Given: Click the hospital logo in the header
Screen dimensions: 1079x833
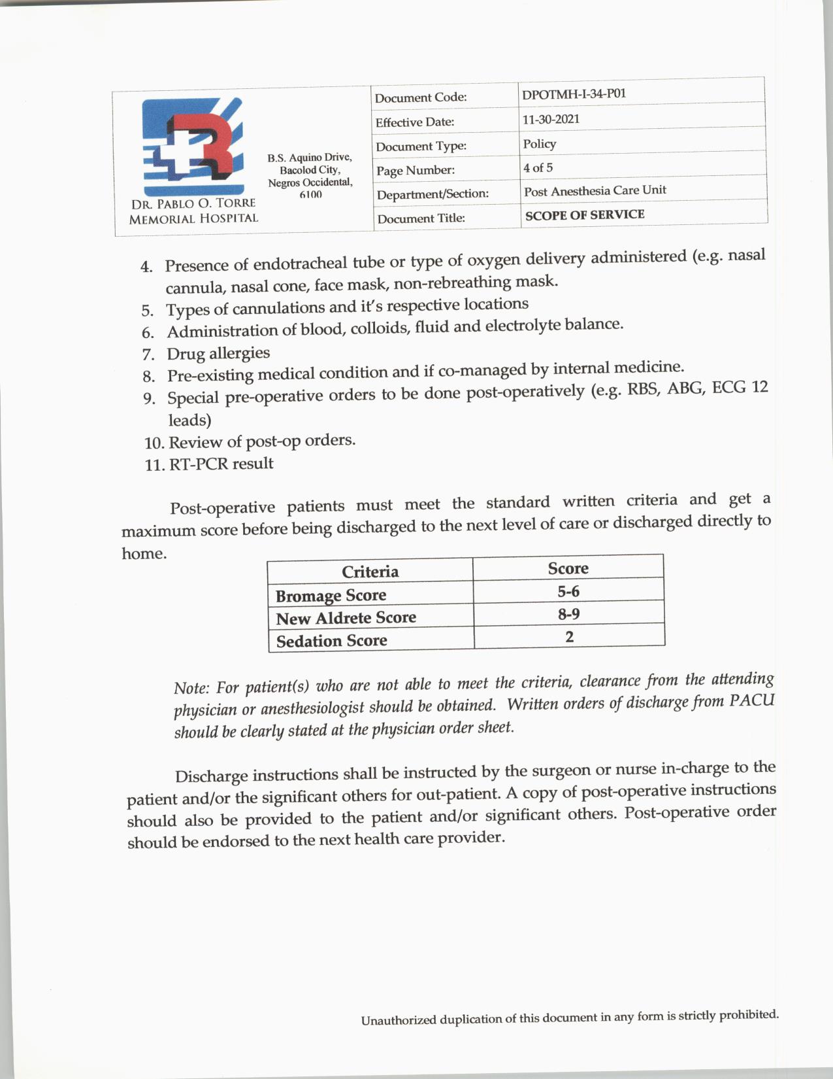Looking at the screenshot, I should [x=193, y=141].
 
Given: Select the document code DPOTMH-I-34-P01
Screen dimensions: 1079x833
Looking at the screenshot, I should [x=574, y=94].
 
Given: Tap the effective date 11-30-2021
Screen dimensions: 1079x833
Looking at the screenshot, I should [x=551, y=119].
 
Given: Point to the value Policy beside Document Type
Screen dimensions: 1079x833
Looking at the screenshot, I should [x=539, y=143].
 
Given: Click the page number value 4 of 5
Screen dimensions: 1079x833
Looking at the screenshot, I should [x=537, y=167].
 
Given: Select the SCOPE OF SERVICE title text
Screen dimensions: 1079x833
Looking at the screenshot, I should [x=584, y=214].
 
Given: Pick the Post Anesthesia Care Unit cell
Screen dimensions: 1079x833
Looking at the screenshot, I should [x=595, y=190].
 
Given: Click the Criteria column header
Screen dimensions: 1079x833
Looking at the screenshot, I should [x=370, y=572].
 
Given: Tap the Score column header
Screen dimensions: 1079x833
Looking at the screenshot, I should [x=568, y=568].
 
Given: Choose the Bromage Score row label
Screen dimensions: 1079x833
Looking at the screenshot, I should [x=331, y=596].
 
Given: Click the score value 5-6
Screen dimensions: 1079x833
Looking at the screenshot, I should [x=568, y=591].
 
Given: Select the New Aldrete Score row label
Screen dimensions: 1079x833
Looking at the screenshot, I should [x=346, y=618].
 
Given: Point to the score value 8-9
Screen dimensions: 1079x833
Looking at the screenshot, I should [x=568, y=613].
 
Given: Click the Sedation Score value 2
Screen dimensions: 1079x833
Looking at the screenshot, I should [x=569, y=636].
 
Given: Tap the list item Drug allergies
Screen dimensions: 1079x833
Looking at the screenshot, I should [x=218, y=353].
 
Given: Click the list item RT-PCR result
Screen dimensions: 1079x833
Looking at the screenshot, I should [x=221, y=464].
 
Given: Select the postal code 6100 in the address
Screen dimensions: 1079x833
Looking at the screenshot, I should [x=310, y=194].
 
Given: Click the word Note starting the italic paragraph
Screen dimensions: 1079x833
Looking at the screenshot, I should [x=190, y=688].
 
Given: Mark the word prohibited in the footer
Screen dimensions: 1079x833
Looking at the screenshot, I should [x=748, y=1015].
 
